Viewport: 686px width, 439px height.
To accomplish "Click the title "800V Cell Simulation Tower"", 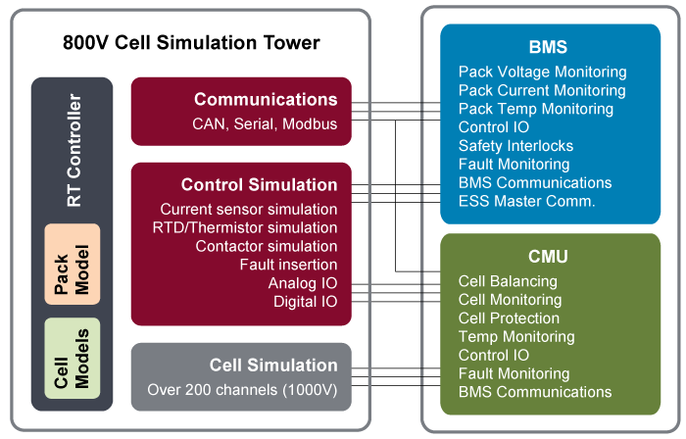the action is tap(191, 43).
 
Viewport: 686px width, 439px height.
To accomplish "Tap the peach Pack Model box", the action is tap(73, 265).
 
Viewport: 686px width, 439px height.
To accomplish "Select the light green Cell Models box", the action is tap(73, 358).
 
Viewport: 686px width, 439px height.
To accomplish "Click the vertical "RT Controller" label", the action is tap(73, 150).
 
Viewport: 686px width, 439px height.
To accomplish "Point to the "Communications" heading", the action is tap(266, 99).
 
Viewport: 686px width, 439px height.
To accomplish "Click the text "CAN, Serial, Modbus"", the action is tap(265, 124).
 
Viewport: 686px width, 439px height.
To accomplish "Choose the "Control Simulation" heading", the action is tap(259, 184).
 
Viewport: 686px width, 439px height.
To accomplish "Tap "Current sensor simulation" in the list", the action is tap(249, 209).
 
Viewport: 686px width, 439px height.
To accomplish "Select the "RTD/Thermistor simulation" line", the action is tap(245, 227).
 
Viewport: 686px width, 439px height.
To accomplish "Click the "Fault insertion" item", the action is tap(288, 265).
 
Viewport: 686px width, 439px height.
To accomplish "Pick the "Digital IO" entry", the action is tap(306, 302).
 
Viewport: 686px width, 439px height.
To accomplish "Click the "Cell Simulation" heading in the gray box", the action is tap(273, 366).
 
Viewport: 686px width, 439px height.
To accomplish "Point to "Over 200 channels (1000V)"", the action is tap(242, 390).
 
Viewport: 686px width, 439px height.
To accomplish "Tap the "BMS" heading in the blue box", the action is tap(548, 47).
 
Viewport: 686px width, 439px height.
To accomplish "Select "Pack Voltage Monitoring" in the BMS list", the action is tap(543, 72).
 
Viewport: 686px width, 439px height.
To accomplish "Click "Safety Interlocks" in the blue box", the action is tap(515, 146).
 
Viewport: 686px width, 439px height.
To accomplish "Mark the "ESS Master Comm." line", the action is tap(527, 201).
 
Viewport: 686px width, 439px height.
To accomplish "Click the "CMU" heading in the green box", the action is tap(548, 256).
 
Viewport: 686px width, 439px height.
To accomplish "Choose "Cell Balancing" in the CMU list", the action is tap(508, 281).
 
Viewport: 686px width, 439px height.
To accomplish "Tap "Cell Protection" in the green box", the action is tap(509, 318).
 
